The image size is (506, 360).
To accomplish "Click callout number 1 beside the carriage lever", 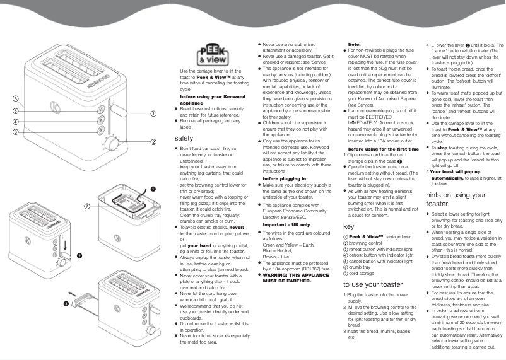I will [x=153, y=113].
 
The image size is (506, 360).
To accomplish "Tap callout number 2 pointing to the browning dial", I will [x=153, y=142].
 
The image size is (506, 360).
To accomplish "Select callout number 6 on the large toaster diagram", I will [x=14, y=99].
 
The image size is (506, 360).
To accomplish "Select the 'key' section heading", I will [x=348, y=226].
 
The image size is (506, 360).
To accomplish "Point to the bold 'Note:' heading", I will [x=355, y=44].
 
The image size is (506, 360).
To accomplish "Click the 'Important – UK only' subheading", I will [x=286, y=224].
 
